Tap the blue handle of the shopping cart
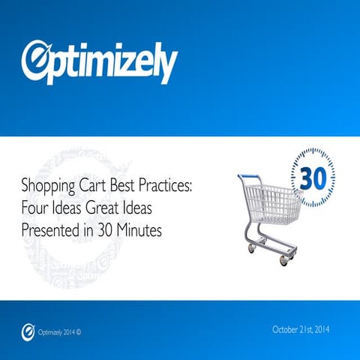(x=250, y=178)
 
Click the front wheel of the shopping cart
(x=284, y=259)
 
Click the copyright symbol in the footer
(x=79, y=331)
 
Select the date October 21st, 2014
(x=301, y=329)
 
